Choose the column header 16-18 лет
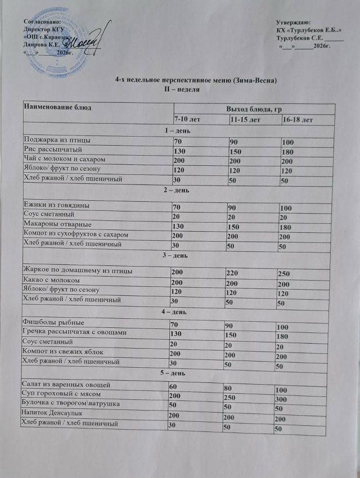[298, 120]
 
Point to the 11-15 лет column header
[245, 120]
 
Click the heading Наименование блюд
[57, 106]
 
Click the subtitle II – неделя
[178, 89]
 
